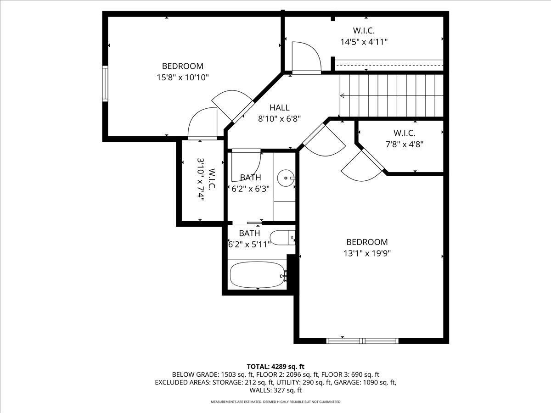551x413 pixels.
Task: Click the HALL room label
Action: point(279,108)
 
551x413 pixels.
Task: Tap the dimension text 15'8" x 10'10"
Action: point(183,77)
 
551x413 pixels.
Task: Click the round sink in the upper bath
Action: point(286,177)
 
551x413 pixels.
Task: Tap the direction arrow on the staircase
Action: point(343,96)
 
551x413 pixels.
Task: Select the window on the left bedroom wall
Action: point(105,83)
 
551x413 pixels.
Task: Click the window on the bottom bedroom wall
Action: point(362,340)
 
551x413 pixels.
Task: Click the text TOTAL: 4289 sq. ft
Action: point(275,366)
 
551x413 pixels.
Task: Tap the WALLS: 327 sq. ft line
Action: point(275,390)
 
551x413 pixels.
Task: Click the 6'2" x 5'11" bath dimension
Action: point(249,244)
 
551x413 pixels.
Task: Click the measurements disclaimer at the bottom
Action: point(275,402)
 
